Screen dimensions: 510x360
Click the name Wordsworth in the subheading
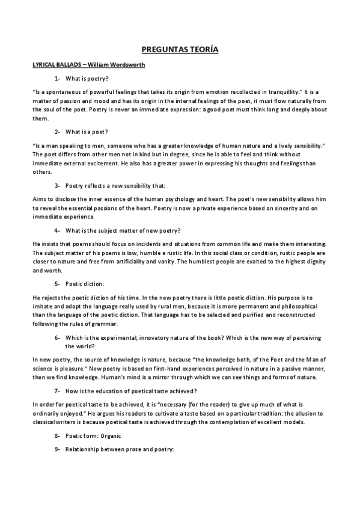point(124,64)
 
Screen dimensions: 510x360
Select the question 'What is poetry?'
point(87,78)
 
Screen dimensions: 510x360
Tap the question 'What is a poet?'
point(87,131)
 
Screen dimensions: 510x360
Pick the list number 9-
point(58,449)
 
